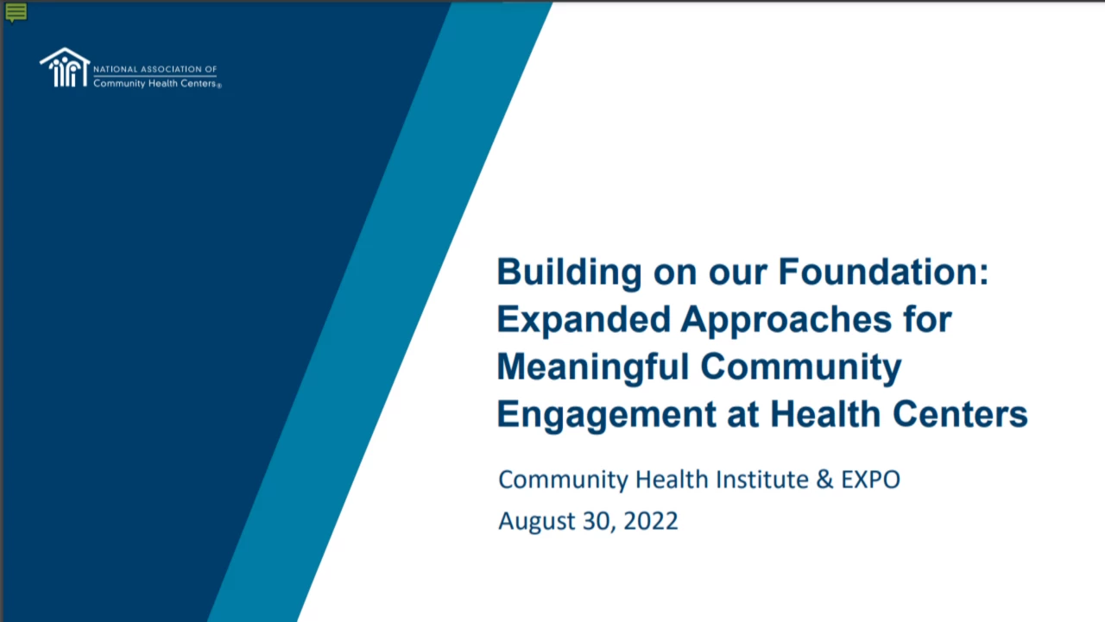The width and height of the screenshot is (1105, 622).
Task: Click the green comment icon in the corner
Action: (16, 12)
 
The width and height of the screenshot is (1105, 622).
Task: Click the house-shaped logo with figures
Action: (65, 67)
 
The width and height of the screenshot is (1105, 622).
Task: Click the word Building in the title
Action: (569, 272)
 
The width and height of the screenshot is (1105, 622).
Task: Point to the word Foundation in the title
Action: (883, 272)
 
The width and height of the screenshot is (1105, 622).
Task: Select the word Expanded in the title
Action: (584, 319)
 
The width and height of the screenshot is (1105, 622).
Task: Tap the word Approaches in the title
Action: (786, 320)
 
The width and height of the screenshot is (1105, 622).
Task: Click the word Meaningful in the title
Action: (593, 368)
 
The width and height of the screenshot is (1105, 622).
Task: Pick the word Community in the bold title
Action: (800, 368)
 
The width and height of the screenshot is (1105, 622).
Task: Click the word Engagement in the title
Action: (606, 415)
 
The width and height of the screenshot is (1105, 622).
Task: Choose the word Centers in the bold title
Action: (961, 414)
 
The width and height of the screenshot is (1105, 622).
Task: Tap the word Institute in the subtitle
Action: (762, 480)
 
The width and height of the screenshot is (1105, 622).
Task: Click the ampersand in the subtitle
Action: (824, 480)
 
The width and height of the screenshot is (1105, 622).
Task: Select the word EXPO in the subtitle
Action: (871, 480)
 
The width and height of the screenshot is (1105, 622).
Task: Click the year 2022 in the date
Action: (651, 521)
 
